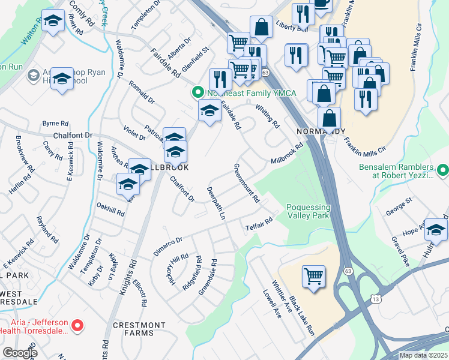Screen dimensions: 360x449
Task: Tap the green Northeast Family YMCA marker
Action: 196,92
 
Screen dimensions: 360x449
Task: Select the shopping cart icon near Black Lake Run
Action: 313,277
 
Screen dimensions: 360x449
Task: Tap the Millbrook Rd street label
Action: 288,154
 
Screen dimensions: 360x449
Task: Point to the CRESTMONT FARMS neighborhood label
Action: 140,329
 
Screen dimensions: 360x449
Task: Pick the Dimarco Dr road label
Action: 167,245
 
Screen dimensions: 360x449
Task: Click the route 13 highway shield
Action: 375,298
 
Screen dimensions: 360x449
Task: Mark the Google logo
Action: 20,353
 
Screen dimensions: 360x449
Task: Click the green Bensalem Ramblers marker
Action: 442,171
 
